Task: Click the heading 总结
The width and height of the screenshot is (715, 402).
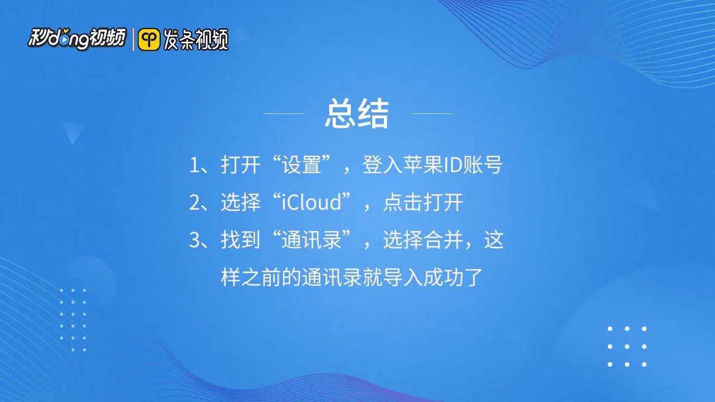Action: pyautogui.click(x=357, y=113)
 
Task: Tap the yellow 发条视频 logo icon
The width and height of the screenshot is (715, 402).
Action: pyautogui.click(x=149, y=40)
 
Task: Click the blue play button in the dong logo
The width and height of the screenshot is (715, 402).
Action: pyautogui.click(x=65, y=40)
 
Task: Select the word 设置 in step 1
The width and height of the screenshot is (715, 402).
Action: pyautogui.click(x=302, y=165)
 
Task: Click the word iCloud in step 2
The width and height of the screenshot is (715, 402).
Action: pyautogui.click(x=311, y=202)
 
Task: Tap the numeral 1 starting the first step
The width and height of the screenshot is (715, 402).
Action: pyautogui.click(x=194, y=165)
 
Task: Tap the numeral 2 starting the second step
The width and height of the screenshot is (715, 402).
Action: pyautogui.click(x=194, y=203)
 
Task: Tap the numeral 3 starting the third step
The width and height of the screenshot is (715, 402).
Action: pyautogui.click(x=194, y=240)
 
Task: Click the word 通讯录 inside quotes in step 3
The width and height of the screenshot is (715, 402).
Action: pyautogui.click(x=311, y=240)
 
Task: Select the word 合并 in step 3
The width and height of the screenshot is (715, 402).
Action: pyautogui.click(x=443, y=240)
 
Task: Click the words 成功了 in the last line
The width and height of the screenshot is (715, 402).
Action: pyautogui.click(x=453, y=277)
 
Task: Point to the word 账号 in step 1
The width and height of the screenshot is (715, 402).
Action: pyautogui.click(x=482, y=165)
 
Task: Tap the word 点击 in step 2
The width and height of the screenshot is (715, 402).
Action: pyautogui.click(x=403, y=202)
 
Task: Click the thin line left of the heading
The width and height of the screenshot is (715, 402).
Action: pyautogui.click(x=283, y=113)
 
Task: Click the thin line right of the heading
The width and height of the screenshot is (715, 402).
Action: pyautogui.click(x=432, y=113)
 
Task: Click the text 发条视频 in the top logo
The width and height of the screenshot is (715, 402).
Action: pyautogui.click(x=196, y=40)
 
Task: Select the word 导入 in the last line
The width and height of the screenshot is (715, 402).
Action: pyautogui.click(x=403, y=277)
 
